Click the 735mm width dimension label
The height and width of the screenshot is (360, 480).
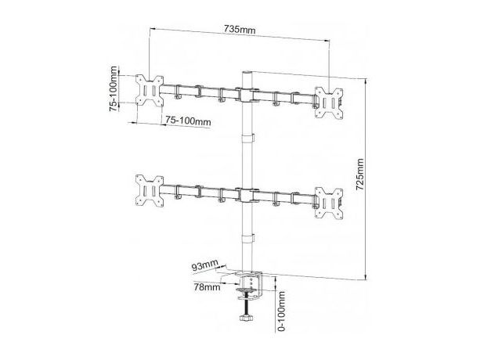coord(240,30)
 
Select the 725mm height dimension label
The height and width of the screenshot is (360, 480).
coord(360,174)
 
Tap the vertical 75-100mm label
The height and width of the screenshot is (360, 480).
coord(114,88)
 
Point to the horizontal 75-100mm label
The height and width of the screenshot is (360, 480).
coord(188,121)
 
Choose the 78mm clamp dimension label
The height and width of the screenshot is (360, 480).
coord(207,287)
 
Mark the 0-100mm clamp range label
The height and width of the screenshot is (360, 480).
coord(281,311)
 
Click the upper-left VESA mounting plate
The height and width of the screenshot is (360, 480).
coord(150,91)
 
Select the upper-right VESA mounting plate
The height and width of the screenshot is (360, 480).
coord(329,103)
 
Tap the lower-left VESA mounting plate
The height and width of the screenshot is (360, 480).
coord(150,191)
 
